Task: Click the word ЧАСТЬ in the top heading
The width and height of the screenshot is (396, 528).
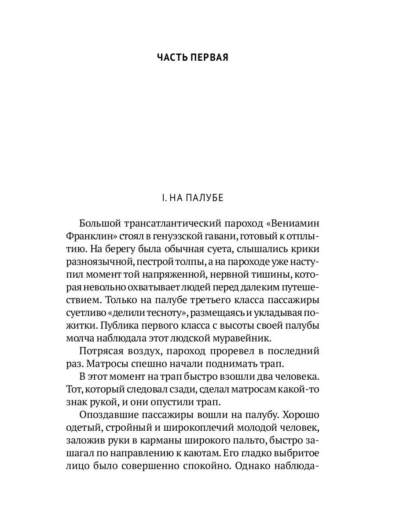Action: [x=172, y=58]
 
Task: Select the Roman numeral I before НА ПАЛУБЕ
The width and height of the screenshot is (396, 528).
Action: [x=163, y=198]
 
